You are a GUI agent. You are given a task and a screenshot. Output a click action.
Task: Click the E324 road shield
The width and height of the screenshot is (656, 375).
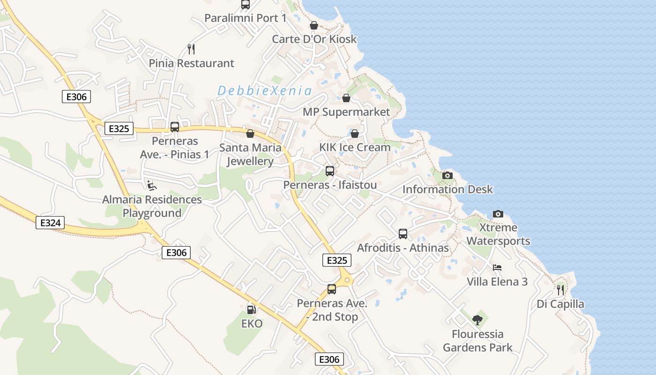coord(50,223)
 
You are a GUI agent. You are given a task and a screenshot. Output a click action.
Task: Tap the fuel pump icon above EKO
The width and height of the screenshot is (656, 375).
coord(251,309)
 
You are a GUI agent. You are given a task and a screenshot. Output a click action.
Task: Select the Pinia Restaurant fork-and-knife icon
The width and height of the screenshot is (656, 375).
coord(191,49)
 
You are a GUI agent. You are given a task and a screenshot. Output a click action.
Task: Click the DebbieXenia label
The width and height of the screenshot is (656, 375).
coord(265,91)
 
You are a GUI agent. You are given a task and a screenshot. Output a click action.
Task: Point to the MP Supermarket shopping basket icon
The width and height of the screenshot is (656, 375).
coord(346,98)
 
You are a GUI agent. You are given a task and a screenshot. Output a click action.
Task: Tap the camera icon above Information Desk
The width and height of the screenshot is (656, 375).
coord(447,175)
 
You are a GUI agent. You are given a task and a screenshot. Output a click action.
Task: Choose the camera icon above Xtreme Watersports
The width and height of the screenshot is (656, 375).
coord(498,214)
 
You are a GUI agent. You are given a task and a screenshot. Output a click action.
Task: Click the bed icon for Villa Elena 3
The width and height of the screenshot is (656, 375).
coord(497,268)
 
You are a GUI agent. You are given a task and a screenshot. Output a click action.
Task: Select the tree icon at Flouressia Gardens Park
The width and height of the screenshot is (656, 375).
coord(477,320)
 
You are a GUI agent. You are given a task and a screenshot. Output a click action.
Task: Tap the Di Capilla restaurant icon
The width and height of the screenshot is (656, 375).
coord(560,290)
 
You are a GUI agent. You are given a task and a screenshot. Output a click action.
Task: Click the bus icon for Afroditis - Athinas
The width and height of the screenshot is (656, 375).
coord(403,233)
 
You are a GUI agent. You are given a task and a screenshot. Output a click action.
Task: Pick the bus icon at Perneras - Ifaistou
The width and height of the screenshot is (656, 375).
coord(330,171)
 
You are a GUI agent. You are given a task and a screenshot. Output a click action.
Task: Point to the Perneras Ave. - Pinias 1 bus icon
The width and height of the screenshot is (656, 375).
coord(175,127)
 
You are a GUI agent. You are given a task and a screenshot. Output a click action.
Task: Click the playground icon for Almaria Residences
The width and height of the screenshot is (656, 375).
coord(152,186)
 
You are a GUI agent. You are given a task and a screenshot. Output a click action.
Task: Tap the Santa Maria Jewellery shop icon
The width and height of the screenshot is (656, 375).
coord(250,134)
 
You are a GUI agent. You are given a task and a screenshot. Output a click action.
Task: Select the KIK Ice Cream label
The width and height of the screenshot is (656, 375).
coord(355,147)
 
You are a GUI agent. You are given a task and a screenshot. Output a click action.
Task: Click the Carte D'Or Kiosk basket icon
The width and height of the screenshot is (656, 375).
coord(314,25)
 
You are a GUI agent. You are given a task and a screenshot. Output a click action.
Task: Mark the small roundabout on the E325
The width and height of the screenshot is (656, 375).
coord(347,280)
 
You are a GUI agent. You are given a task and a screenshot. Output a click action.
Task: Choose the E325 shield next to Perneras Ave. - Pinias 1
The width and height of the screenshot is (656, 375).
coord(119,128)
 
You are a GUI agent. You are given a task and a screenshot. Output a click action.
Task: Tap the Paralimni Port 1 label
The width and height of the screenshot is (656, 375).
coord(245,18)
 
